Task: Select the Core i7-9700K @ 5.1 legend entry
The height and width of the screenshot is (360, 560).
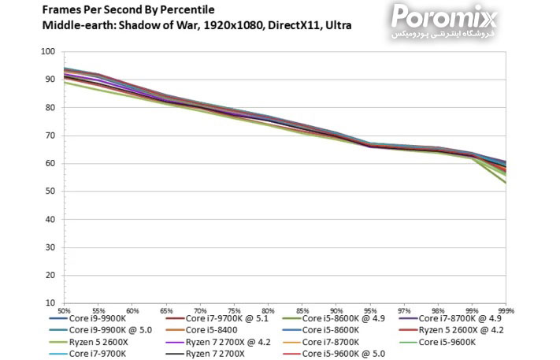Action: click(226, 318)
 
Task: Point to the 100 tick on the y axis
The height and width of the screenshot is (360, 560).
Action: click(48, 52)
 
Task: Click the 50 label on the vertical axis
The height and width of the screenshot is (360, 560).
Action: click(50, 191)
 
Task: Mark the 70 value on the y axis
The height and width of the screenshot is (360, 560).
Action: click(50, 135)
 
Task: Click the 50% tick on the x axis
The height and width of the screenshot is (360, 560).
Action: click(64, 310)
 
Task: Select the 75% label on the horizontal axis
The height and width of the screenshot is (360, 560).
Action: click(234, 310)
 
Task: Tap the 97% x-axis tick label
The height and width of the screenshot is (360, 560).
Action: click(403, 310)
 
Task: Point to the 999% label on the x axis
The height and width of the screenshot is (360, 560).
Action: click(505, 310)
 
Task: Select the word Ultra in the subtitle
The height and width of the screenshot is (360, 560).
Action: click(337, 25)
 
